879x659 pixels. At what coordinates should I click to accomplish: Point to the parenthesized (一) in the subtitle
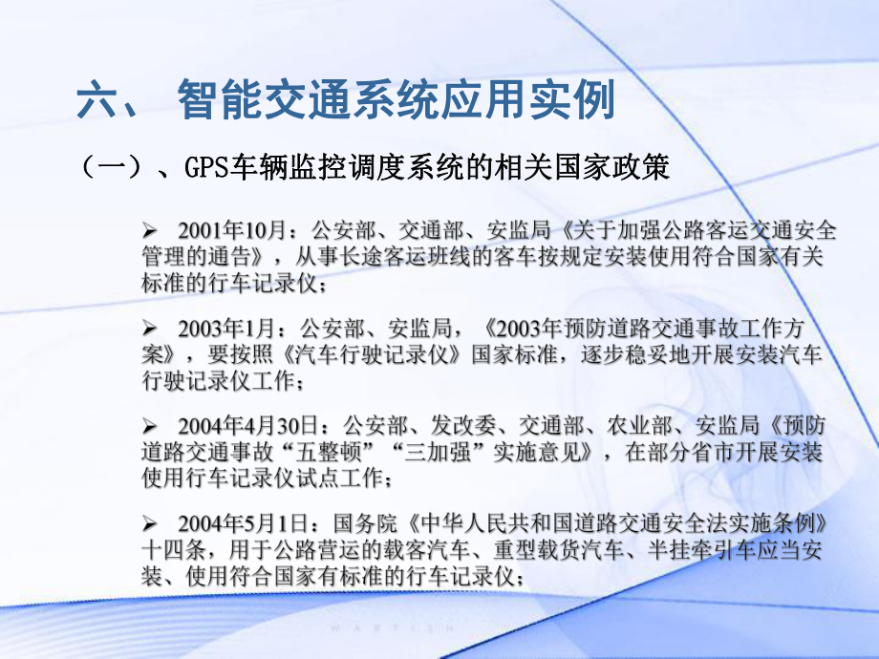point(110,169)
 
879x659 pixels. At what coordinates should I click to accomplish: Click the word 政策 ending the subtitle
point(679,169)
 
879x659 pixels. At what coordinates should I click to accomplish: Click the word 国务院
point(362,523)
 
